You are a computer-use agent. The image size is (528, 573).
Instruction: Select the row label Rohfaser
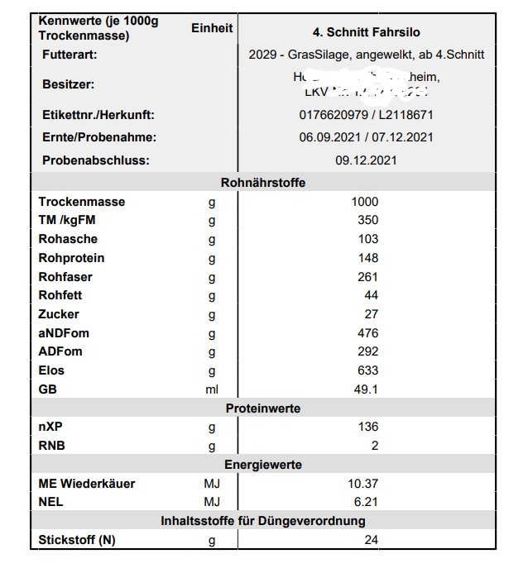tap(65, 277)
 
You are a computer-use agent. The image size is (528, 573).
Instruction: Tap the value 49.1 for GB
tap(366, 389)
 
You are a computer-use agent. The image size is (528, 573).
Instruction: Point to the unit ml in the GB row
tap(212, 389)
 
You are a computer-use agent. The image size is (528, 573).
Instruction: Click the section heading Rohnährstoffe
tap(263, 183)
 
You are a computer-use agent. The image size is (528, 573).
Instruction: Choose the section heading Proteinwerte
tap(263, 408)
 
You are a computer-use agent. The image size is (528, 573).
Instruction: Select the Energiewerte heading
tap(263, 465)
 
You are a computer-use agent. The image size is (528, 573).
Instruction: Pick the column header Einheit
tap(212, 28)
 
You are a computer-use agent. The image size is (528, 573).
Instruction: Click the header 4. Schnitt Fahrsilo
tap(366, 32)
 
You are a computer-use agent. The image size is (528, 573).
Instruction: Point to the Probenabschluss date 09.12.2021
tap(366, 160)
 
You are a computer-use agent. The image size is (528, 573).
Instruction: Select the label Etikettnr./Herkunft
tap(98, 115)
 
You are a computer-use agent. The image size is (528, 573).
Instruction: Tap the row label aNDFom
tap(64, 333)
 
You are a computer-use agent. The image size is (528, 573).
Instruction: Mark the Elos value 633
tap(367, 370)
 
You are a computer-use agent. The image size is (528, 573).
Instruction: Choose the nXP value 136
tap(367, 427)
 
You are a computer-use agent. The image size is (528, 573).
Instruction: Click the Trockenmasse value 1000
tap(364, 202)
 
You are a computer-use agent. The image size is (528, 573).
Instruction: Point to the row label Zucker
tap(59, 314)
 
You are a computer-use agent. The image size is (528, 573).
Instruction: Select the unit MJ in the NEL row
tap(212, 502)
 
